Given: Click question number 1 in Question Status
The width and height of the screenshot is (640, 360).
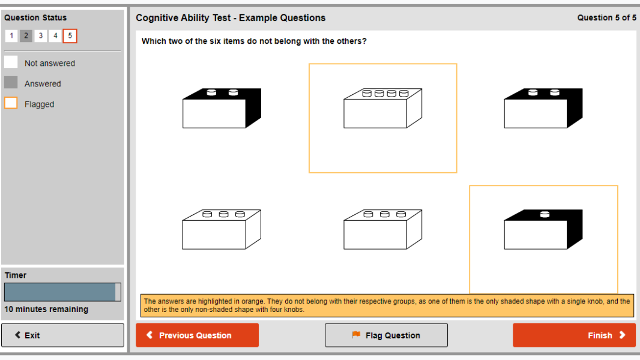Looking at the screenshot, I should (x=11, y=36).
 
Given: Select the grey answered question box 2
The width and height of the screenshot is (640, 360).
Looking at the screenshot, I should (x=26, y=36).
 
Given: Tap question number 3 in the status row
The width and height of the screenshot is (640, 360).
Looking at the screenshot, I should (x=40, y=36).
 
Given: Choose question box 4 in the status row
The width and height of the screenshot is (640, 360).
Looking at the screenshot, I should (x=55, y=36).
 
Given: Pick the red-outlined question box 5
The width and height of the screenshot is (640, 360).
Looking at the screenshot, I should (x=70, y=36).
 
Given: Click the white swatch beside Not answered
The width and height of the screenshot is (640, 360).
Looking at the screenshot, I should (x=11, y=62).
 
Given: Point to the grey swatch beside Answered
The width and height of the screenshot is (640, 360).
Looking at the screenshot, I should (x=11, y=83).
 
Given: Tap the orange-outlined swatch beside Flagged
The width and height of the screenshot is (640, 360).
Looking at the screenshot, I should (x=11, y=103).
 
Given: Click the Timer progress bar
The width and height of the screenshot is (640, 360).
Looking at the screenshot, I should (x=62, y=292).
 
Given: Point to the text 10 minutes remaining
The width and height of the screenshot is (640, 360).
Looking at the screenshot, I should (x=46, y=310).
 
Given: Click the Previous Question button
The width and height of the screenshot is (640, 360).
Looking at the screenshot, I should (x=197, y=335).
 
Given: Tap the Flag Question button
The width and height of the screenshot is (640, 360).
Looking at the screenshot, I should (x=386, y=335).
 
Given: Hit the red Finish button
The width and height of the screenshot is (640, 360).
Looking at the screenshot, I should (x=574, y=335).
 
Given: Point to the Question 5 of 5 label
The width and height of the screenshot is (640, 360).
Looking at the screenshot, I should (x=606, y=18).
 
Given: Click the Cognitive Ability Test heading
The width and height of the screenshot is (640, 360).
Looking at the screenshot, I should (x=231, y=18).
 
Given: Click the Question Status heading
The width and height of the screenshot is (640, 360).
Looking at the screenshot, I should (x=35, y=18).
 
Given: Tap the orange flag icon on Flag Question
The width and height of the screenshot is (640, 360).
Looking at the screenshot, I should (x=356, y=335).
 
